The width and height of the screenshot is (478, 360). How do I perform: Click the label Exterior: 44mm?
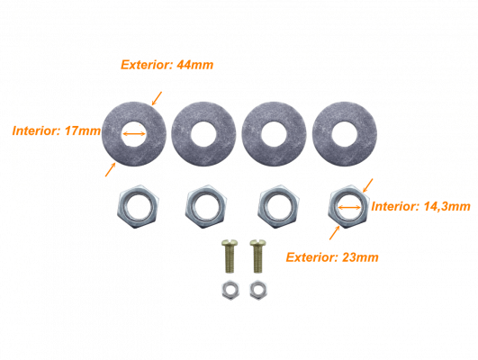167,65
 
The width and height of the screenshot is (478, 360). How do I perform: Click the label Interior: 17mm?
57,130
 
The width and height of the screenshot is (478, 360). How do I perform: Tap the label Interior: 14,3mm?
420,206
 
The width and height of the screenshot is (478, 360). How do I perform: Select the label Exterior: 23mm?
332,257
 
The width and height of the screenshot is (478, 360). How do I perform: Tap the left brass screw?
230,256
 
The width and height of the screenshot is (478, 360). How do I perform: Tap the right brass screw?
257,256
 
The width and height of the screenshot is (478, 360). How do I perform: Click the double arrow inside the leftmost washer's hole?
134,133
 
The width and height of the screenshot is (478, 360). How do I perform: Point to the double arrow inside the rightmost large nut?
349,208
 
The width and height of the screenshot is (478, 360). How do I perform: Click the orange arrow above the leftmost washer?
157,98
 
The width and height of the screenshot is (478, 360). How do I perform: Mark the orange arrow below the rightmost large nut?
334,233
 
